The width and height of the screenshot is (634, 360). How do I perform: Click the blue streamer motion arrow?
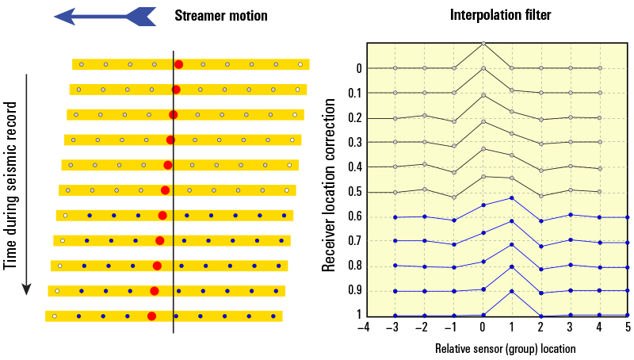point(104,15)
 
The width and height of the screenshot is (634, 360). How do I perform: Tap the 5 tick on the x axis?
point(628,327)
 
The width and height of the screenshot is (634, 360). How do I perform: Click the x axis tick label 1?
point(512,327)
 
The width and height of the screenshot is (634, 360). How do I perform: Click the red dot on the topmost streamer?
point(178,64)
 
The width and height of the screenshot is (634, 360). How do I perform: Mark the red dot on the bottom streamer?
point(151,316)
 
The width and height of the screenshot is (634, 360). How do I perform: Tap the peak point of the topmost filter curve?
point(483,44)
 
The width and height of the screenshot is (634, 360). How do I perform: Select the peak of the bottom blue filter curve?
point(512,291)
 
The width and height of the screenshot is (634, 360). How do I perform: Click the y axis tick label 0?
point(358,69)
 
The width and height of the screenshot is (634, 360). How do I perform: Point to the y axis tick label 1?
point(358,316)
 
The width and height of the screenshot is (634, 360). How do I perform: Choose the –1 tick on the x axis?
point(453,327)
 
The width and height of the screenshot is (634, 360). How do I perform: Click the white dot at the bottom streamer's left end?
point(54,316)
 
